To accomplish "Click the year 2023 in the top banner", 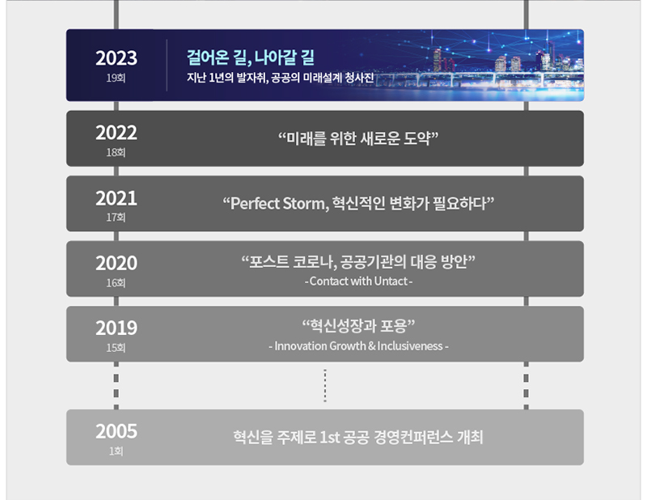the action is pos(116,58).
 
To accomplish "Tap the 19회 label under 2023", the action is pos(116,78).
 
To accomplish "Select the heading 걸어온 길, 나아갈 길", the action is pos(251,57).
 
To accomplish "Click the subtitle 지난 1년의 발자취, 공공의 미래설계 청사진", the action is pos(280,77).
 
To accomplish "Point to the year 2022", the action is pos(116,133).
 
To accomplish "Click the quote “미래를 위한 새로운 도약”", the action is pos(358,138).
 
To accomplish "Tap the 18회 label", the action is pos(116,153).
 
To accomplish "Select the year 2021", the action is pos(116,198).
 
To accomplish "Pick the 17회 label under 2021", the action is pos(116,218).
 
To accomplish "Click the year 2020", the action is pos(116,264).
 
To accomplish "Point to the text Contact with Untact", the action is pos(358,282).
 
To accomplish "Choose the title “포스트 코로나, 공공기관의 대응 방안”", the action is pos(358,262).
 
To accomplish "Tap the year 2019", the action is pos(116,328).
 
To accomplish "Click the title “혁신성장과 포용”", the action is pos(358,326).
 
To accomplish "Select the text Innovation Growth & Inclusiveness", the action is pos(358,346).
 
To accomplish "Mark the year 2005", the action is pos(116,431).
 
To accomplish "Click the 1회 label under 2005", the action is pos(116,451).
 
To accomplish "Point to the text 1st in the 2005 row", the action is pos(330,437).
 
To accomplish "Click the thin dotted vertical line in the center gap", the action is pos(325,385).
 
